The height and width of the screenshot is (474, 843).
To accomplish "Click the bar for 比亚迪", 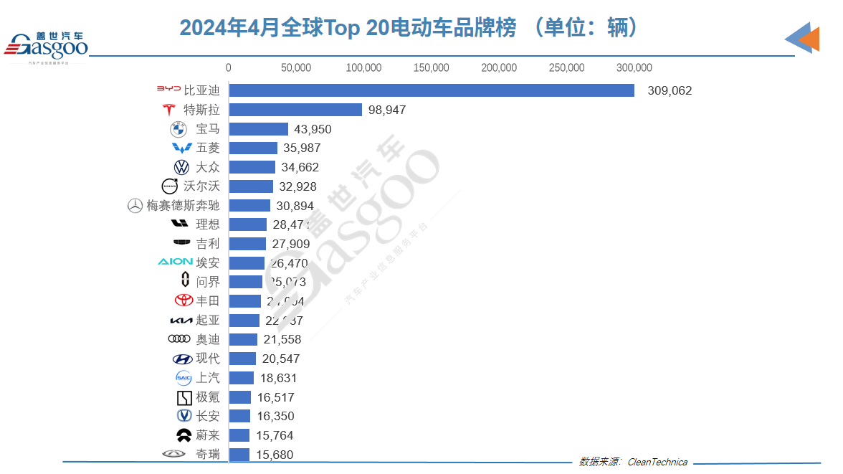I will (431, 90).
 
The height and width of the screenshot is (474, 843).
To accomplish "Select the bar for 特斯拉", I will (295, 110).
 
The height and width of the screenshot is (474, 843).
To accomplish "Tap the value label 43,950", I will (313, 129).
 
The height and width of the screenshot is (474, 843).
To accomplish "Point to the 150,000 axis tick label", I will (432, 68).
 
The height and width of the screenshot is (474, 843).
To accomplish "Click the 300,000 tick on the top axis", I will (634, 68).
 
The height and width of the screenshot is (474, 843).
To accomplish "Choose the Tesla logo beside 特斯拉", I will (169, 110).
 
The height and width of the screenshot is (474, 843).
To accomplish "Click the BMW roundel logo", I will (178, 129).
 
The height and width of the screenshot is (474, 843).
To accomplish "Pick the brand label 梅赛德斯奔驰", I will (183, 206).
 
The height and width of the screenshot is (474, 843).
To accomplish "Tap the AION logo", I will (175, 262).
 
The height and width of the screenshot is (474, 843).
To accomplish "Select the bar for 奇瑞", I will (239, 455).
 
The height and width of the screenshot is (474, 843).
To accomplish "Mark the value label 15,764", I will (275, 435).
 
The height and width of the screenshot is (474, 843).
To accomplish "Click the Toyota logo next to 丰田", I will (184, 301).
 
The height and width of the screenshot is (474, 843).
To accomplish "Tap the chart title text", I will (409, 27).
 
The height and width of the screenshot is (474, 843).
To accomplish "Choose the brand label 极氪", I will (208, 397).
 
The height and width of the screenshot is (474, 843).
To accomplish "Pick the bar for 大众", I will (252, 167).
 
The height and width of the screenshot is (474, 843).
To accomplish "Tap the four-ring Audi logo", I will (178, 339).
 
